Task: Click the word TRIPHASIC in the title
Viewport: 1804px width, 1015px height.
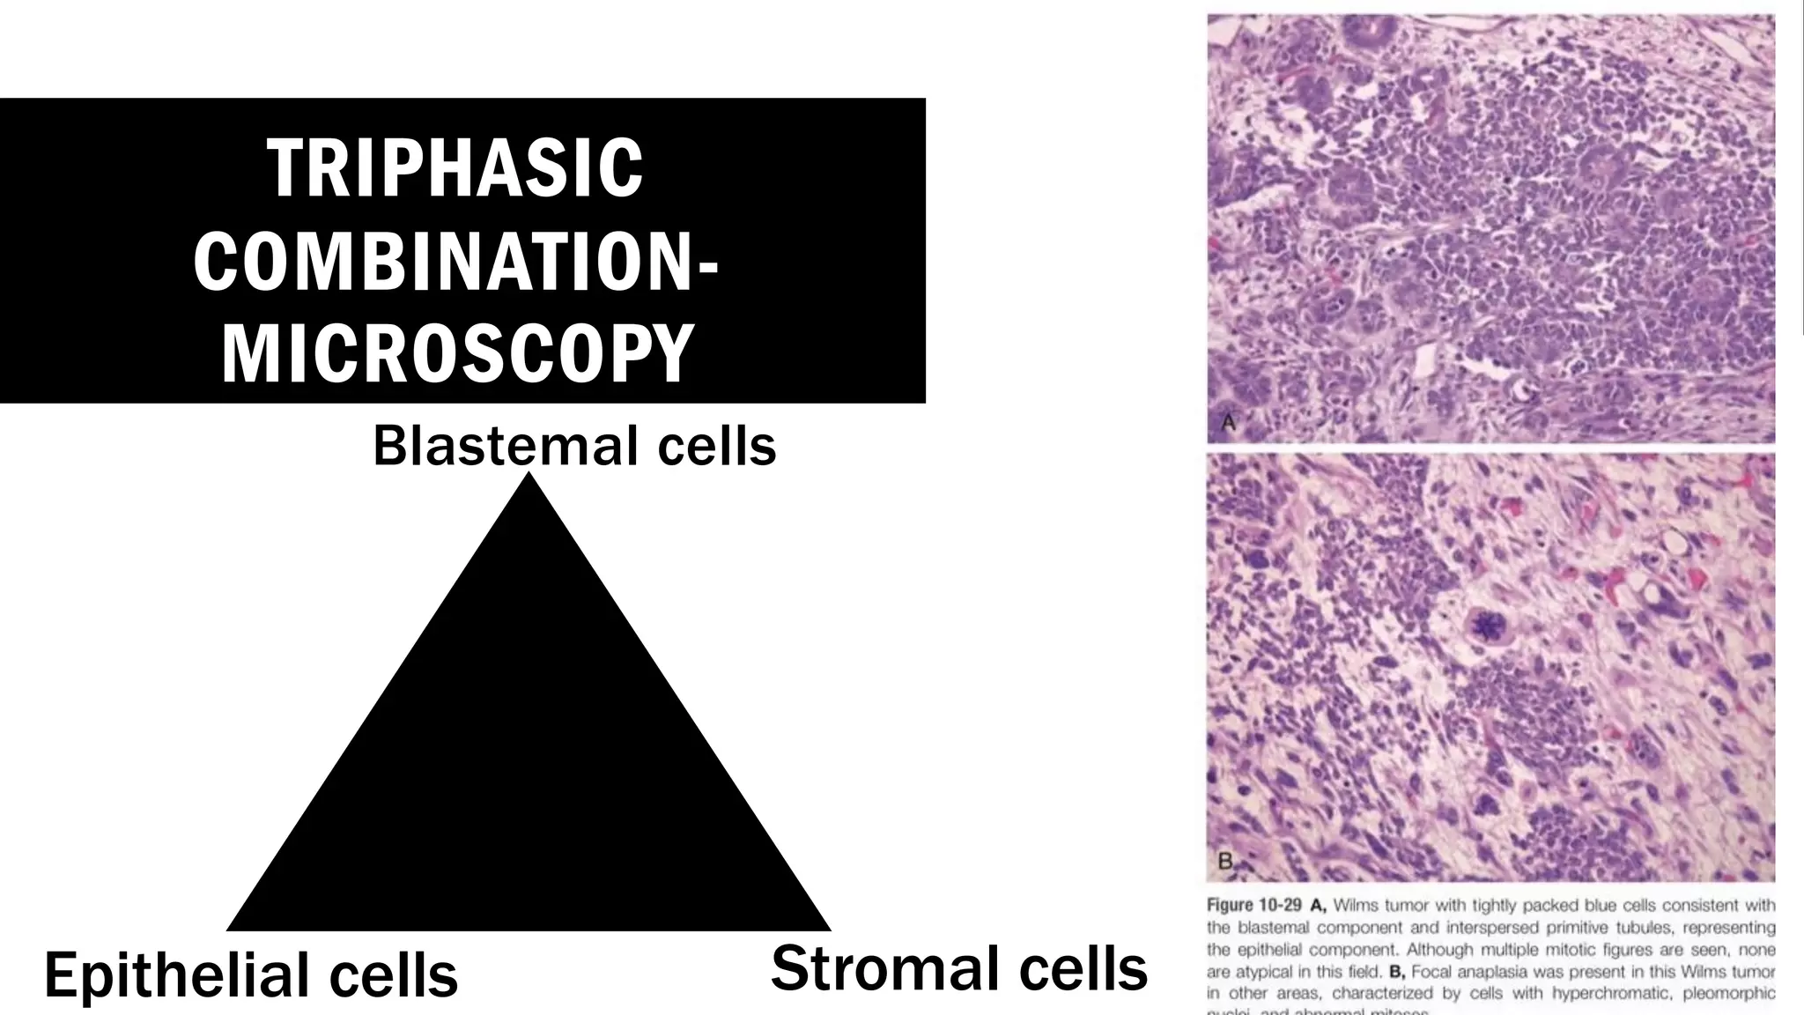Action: pyautogui.click(x=455, y=168)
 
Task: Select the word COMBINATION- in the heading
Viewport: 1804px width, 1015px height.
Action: pyautogui.click(x=455, y=261)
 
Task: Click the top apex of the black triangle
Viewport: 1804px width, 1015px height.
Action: pyautogui.click(x=529, y=475)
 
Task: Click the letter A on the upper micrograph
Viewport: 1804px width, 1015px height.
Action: pyautogui.click(x=1229, y=423)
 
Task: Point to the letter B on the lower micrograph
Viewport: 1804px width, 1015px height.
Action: pyautogui.click(x=1225, y=861)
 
